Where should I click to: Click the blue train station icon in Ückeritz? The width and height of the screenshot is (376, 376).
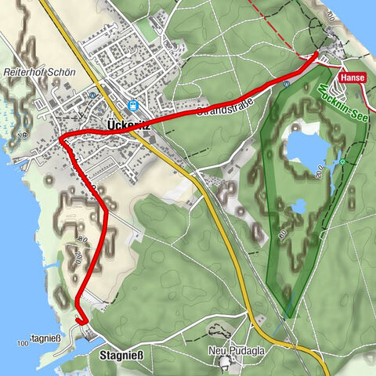pos(132,105)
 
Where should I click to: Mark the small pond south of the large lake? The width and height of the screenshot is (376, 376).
pos(298,207)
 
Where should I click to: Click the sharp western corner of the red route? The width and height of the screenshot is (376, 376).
pos(61,139)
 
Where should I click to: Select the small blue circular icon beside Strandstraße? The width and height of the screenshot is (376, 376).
pos(287,83)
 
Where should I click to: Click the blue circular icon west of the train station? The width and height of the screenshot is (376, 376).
pos(92,95)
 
